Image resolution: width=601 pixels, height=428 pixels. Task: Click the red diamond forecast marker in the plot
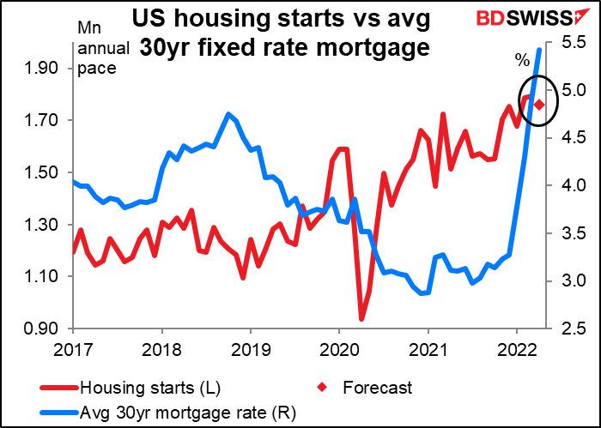tap(539, 105)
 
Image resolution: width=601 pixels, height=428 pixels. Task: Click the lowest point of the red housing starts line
tap(361, 319)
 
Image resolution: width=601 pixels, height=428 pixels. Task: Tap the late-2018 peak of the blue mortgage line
tap(228, 114)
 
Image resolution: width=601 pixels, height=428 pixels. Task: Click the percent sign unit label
tap(522, 59)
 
